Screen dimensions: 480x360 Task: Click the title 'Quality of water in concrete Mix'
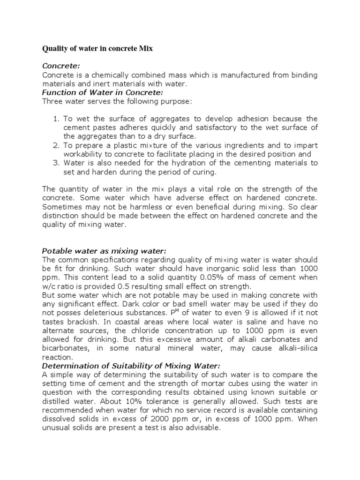[97, 48]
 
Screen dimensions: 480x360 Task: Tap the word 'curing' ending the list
[205, 172]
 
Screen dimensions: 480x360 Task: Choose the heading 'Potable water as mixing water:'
[104, 251]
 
